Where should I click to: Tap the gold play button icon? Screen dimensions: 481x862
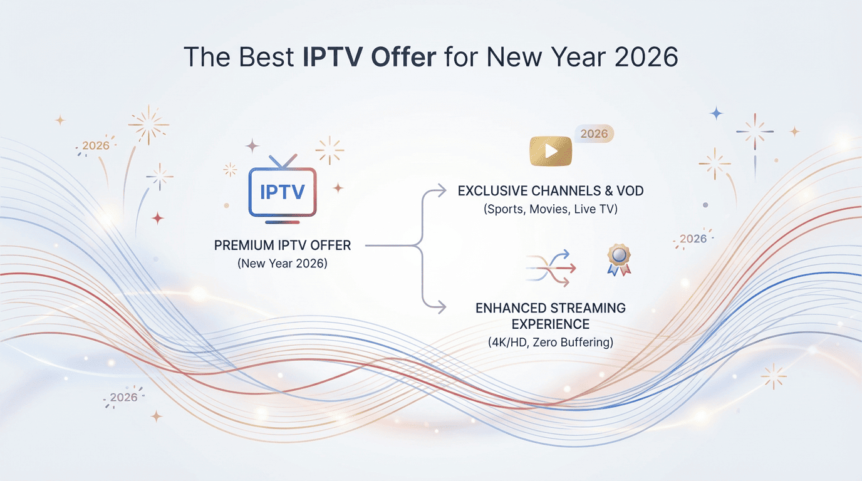551,150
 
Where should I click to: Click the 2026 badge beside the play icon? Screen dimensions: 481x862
594,133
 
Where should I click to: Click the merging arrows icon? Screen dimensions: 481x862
551,267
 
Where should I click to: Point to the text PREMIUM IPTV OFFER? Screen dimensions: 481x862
283,246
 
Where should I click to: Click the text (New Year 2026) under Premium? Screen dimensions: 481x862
283,264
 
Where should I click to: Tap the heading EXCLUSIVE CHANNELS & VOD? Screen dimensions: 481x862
550,191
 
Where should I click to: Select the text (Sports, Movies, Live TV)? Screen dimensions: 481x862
550,209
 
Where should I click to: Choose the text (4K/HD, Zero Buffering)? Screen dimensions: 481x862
550,343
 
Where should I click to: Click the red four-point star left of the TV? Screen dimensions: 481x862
158,218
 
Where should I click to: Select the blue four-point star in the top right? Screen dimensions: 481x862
716,113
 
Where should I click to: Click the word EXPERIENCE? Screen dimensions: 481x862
550,324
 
